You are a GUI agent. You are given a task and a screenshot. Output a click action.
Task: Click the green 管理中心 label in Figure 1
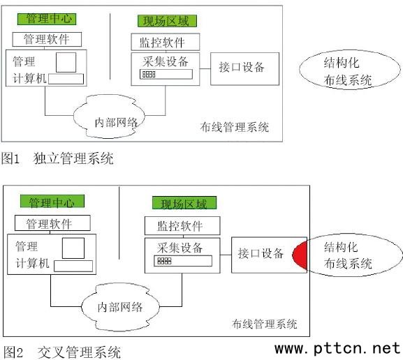[x=47, y=19]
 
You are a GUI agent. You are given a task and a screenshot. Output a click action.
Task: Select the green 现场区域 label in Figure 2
[x=184, y=203]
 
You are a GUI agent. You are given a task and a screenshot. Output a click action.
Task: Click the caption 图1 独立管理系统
[x=57, y=158]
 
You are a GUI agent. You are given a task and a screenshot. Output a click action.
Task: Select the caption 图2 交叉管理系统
[x=62, y=352]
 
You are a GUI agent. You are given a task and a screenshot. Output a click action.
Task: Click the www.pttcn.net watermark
[x=337, y=349]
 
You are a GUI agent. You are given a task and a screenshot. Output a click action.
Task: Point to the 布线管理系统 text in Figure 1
[x=235, y=127]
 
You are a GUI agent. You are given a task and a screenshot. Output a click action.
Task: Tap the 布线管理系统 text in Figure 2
[x=265, y=324]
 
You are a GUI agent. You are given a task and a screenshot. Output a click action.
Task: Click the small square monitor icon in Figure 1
[x=66, y=62]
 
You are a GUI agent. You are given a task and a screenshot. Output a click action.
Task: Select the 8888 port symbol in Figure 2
[x=164, y=261]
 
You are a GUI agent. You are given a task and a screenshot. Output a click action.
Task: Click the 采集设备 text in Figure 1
[x=166, y=61]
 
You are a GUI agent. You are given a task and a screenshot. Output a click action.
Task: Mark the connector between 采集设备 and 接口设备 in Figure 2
[x=226, y=255]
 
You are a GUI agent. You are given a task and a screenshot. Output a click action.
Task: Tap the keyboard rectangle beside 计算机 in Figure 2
[x=73, y=266]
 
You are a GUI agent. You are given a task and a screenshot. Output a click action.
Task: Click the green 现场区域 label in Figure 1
[x=167, y=21]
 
